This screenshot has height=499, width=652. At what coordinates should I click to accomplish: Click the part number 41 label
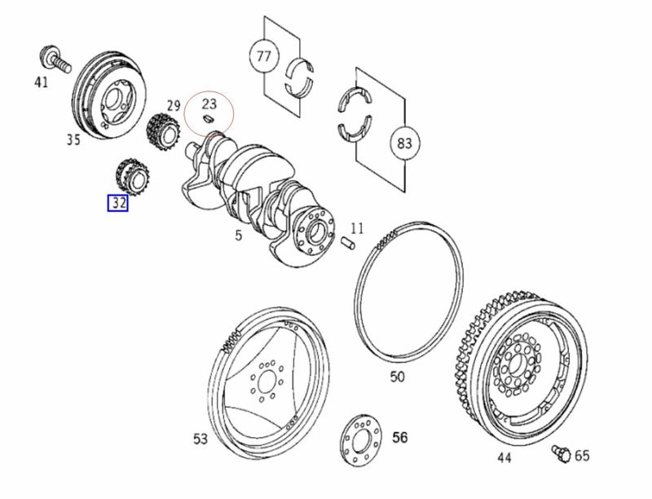[x=41, y=82]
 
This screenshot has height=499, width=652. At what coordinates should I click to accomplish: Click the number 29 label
[x=173, y=104]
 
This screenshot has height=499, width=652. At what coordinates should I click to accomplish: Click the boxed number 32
[x=118, y=203]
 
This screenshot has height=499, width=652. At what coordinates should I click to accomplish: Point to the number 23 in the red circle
[x=209, y=104]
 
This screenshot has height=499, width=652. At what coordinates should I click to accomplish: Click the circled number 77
[x=263, y=56]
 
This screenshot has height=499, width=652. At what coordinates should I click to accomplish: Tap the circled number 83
[x=403, y=144]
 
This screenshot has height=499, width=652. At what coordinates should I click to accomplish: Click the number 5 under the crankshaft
[x=238, y=236]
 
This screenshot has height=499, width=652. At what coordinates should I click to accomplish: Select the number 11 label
[x=357, y=227]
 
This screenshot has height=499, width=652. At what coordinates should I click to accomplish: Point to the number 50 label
[x=397, y=377]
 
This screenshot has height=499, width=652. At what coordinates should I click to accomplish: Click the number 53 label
[x=200, y=439]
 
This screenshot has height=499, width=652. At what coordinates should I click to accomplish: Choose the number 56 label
[x=399, y=438]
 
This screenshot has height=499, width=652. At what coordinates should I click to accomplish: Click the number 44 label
[x=504, y=457]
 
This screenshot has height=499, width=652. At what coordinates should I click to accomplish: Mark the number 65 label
[x=581, y=455]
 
